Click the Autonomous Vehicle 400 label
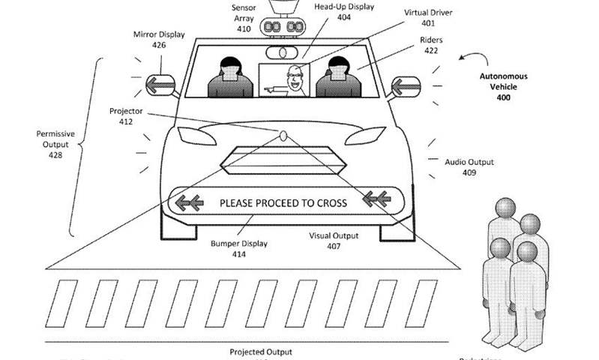[503, 87]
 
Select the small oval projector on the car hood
[283, 136]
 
